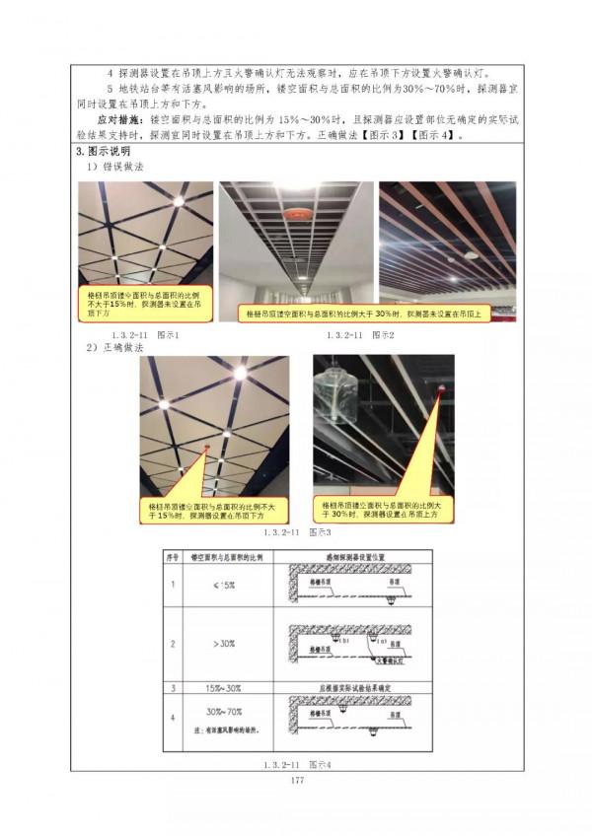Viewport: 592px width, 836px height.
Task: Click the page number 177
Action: [x=296, y=780]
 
